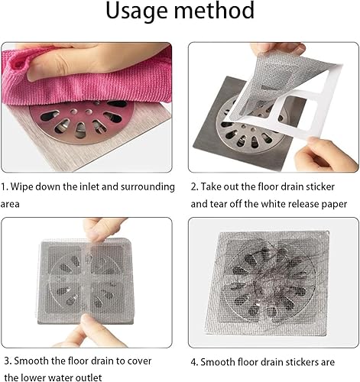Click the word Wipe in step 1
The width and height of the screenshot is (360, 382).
click(x=22, y=186)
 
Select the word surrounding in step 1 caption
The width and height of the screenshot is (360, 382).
click(x=148, y=187)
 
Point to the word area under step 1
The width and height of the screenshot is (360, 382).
click(x=10, y=205)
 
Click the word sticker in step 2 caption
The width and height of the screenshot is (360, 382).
click(x=320, y=186)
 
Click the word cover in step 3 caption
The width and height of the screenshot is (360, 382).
click(x=139, y=361)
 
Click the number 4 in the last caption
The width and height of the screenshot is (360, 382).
click(x=193, y=362)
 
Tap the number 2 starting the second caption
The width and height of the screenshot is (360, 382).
click(x=193, y=187)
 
